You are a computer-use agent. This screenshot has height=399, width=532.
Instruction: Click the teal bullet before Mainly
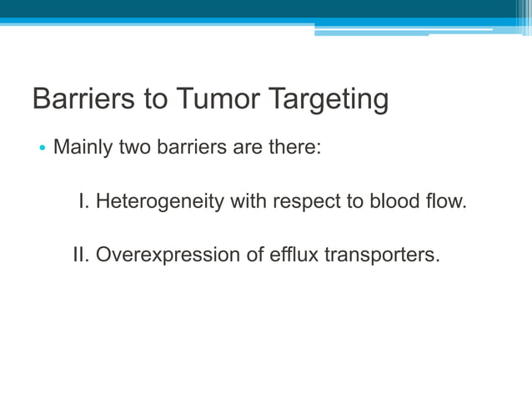click(x=42, y=149)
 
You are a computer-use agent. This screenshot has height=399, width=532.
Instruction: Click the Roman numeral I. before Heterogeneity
click(x=84, y=201)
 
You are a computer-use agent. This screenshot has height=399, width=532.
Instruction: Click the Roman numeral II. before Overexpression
click(x=82, y=254)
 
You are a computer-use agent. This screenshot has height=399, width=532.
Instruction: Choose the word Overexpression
click(x=166, y=255)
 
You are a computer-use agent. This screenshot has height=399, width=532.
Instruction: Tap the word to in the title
click(x=158, y=100)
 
